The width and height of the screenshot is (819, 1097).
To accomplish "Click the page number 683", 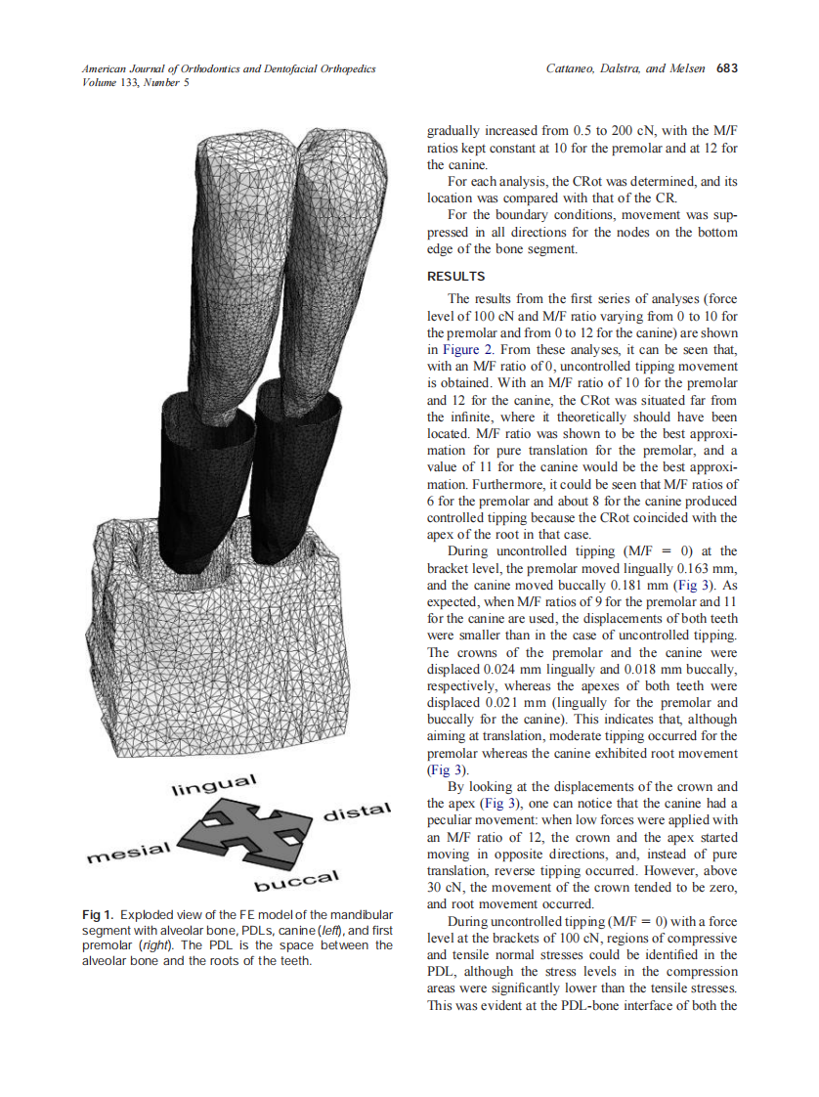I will pos(726,68).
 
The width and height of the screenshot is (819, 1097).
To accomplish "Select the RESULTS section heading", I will pos(456,276).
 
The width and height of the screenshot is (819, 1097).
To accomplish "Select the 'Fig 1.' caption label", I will pos(98,913).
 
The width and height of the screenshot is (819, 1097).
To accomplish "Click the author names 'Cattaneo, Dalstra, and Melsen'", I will pos(626,68).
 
